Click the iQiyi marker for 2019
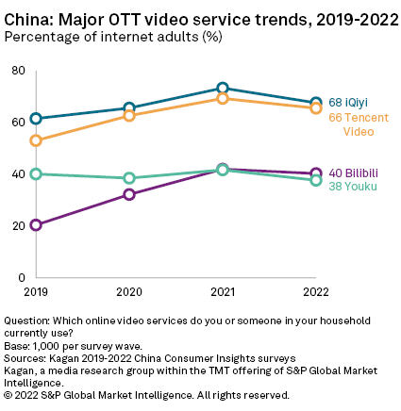tap(36, 119)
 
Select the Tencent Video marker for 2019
tap(36, 140)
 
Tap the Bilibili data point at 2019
tap(36, 225)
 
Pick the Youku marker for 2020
tap(129, 178)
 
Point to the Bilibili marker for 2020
tap(129, 194)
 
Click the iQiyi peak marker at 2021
tap(223, 89)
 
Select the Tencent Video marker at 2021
tap(223, 98)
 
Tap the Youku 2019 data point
tap(36, 173)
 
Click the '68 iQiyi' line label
tap(348, 102)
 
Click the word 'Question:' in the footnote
tap(25, 321)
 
